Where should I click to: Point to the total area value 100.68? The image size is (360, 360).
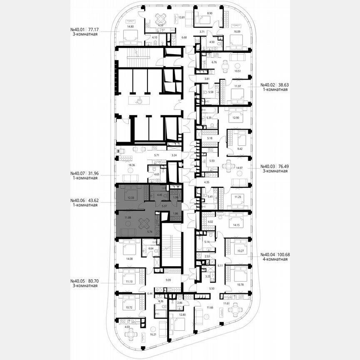click(x=283, y=254)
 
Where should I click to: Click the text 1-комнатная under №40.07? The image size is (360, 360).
click(x=84, y=178)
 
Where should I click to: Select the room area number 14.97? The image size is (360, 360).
click(x=239, y=168)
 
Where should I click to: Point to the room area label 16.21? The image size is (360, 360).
click(x=153, y=334)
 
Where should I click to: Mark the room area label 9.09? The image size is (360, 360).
click(x=169, y=280)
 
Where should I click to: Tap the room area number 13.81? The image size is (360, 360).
click(x=181, y=17)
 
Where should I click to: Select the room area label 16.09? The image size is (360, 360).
click(x=238, y=32)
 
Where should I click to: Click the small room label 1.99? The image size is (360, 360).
click(x=175, y=197)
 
